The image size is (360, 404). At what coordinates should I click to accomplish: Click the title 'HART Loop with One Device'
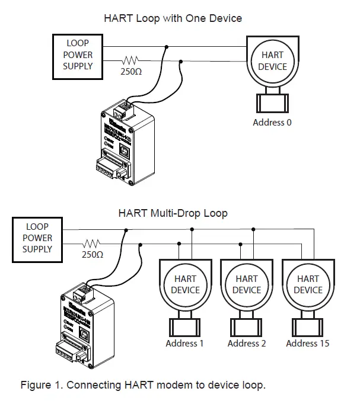[173, 18]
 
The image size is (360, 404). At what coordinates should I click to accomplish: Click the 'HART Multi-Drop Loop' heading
[173, 213]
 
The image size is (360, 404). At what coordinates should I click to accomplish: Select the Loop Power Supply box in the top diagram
[78, 55]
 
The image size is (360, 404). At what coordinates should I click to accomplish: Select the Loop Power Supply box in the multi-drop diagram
[37, 238]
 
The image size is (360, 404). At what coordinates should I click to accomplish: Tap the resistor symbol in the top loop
[130, 60]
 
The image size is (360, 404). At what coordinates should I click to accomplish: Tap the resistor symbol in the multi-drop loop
[91, 243]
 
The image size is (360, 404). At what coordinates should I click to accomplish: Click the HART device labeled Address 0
[272, 61]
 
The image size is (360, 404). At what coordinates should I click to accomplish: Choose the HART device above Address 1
[185, 284]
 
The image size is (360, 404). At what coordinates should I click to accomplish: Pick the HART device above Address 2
[247, 284]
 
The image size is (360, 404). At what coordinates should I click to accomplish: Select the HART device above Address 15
[308, 284]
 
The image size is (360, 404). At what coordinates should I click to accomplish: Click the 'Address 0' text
[272, 123]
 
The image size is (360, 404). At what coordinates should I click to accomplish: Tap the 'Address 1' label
[184, 344]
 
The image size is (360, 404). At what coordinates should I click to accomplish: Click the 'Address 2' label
[247, 344]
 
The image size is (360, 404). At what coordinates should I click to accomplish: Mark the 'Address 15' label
[308, 344]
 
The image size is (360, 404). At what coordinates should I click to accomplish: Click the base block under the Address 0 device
[272, 102]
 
